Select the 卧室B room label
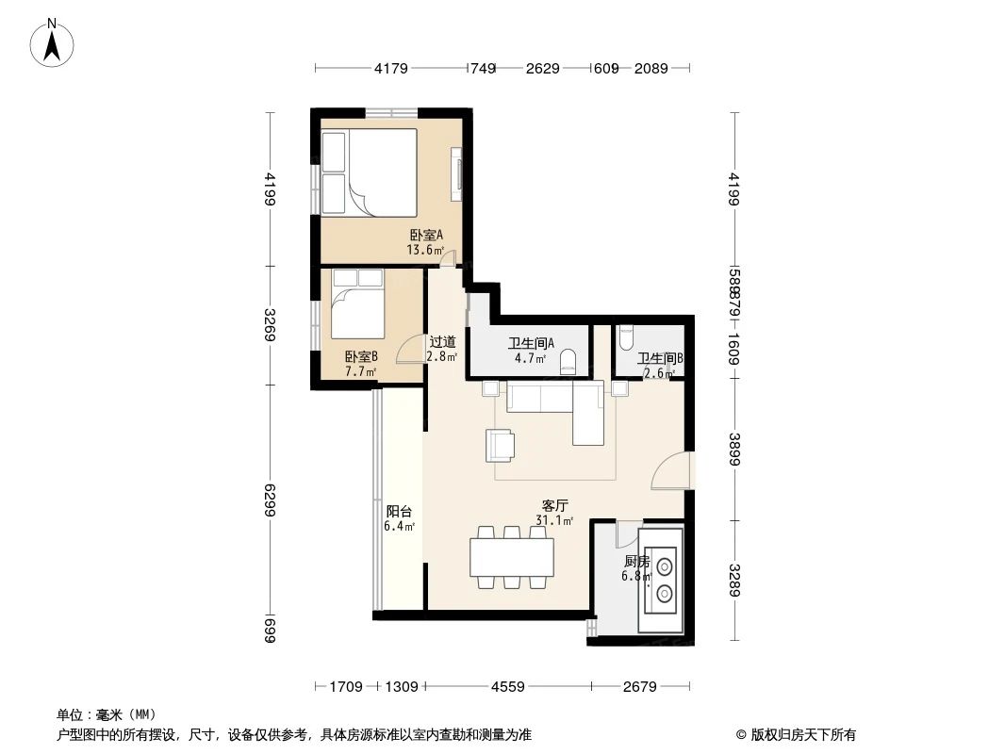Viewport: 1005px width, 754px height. point(361,356)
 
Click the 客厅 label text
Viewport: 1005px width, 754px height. point(553,506)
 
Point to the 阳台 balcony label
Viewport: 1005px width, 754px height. point(398,511)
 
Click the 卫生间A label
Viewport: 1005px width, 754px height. point(531,344)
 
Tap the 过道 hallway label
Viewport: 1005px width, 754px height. point(442,343)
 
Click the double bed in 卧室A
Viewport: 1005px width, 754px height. point(370,172)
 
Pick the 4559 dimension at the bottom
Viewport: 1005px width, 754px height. point(508,687)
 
